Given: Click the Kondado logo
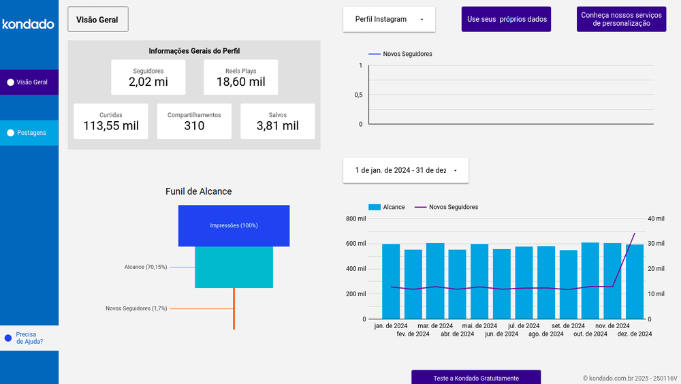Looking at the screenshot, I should [28, 25].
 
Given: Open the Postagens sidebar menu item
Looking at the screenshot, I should [31, 133].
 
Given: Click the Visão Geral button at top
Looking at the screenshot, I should [97, 20].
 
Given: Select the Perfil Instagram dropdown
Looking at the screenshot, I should [389, 19].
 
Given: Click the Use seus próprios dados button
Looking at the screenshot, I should [506, 19].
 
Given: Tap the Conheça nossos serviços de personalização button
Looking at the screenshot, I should [621, 19].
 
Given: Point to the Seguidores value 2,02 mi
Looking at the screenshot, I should [148, 82].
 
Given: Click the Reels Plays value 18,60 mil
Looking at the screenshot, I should [240, 82].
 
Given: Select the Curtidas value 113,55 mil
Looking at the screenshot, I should [110, 126].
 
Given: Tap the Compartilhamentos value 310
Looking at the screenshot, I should [194, 126].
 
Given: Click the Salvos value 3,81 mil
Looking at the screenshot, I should [277, 126].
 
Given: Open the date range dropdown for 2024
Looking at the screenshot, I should [405, 170].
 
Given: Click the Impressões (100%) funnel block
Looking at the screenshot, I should [234, 225].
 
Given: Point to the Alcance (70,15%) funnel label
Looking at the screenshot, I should [145, 267].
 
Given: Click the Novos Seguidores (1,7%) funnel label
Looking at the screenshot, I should [136, 308].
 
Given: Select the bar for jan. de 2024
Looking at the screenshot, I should [391, 281].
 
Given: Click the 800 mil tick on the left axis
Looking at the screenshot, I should [355, 219].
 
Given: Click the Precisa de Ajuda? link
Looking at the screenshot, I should [29, 338].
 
